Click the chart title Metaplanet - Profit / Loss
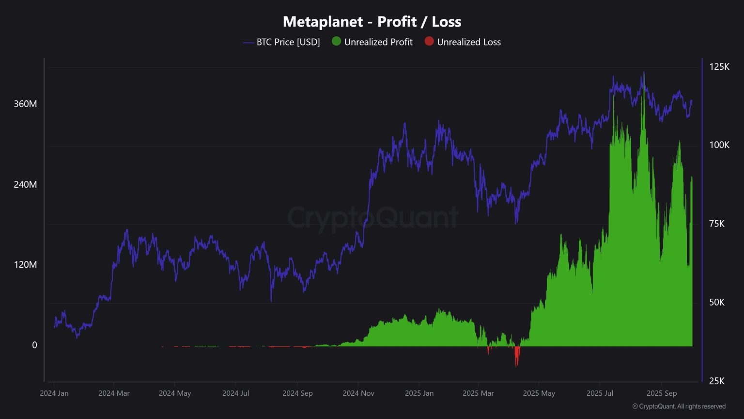[372, 22]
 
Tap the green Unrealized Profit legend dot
[336, 42]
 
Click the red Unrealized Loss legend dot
[429, 42]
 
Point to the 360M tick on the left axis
[25, 104]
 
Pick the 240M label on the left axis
[25, 185]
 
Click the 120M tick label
[25, 265]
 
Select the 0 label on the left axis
[34, 345]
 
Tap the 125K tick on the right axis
[719, 67]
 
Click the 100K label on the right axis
[719, 145]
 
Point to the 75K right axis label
[716, 224]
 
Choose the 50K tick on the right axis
[716, 303]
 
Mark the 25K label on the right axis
[716, 381]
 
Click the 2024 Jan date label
[54, 393]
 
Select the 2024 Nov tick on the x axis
[358, 393]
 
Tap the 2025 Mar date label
[478, 393]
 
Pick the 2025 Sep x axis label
[662, 393]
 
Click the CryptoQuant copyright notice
[679, 406]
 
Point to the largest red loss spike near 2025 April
[517, 358]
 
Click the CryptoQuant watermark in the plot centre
[373, 217]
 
